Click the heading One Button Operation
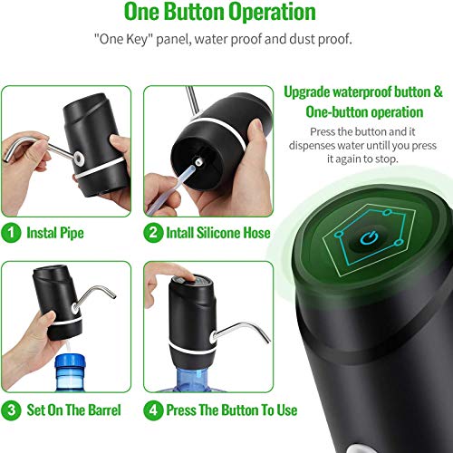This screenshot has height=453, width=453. (220, 14)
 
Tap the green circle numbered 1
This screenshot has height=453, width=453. (12, 233)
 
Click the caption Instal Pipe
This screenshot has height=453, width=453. (56, 233)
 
